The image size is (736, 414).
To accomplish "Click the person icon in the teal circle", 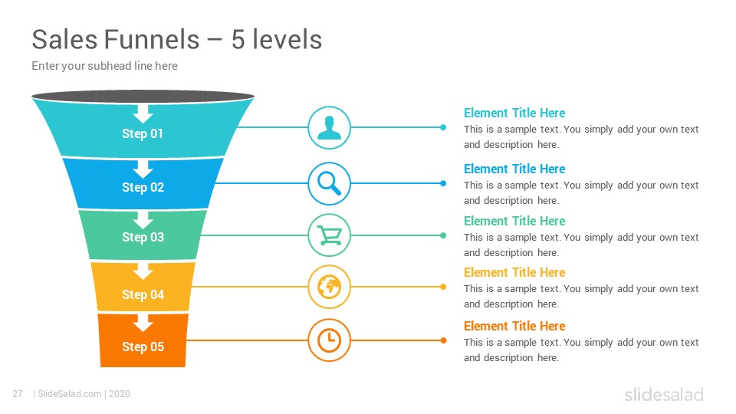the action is click(329, 128).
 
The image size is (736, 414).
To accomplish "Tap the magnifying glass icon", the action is click(329, 183).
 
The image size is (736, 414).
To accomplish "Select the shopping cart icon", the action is click(330, 235).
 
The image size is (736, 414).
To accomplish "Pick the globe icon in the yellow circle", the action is click(329, 287).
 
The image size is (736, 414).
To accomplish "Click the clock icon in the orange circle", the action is click(329, 340).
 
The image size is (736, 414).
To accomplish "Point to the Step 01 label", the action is click(143, 133).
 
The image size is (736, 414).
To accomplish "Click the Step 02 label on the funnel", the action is click(143, 187).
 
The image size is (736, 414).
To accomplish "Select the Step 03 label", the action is click(143, 238).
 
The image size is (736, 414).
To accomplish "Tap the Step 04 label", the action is click(143, 294).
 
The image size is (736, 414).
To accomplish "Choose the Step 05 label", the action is click(143, 347).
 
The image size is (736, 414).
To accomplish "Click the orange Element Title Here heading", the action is click(514, 326).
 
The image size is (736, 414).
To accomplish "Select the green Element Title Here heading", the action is click(514, 221).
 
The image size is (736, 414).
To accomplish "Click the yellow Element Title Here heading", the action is click(514, 272).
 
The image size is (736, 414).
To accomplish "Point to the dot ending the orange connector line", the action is click(443, 340).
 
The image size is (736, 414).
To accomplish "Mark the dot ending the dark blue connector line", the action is click(443, 183).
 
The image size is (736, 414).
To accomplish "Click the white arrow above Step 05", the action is click(143, 323).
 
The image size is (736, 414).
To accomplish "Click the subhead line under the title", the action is click(105, 66).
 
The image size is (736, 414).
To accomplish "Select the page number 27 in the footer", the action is click(18, 394).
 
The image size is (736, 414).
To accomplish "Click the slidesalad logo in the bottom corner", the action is click(664, 394).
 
